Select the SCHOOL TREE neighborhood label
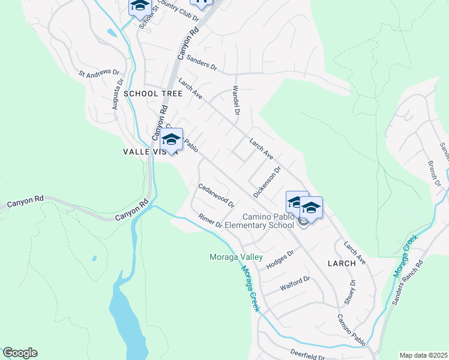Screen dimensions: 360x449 [153, 94]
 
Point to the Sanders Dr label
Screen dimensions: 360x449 [201, 62]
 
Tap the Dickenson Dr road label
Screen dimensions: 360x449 [267, 182]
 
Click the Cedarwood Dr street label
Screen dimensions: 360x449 [216, 195]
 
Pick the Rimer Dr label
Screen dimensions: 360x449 [210, 220]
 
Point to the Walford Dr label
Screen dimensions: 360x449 [294, 284]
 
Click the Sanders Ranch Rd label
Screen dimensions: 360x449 [408, 282]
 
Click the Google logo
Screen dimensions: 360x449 [20, 353]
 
